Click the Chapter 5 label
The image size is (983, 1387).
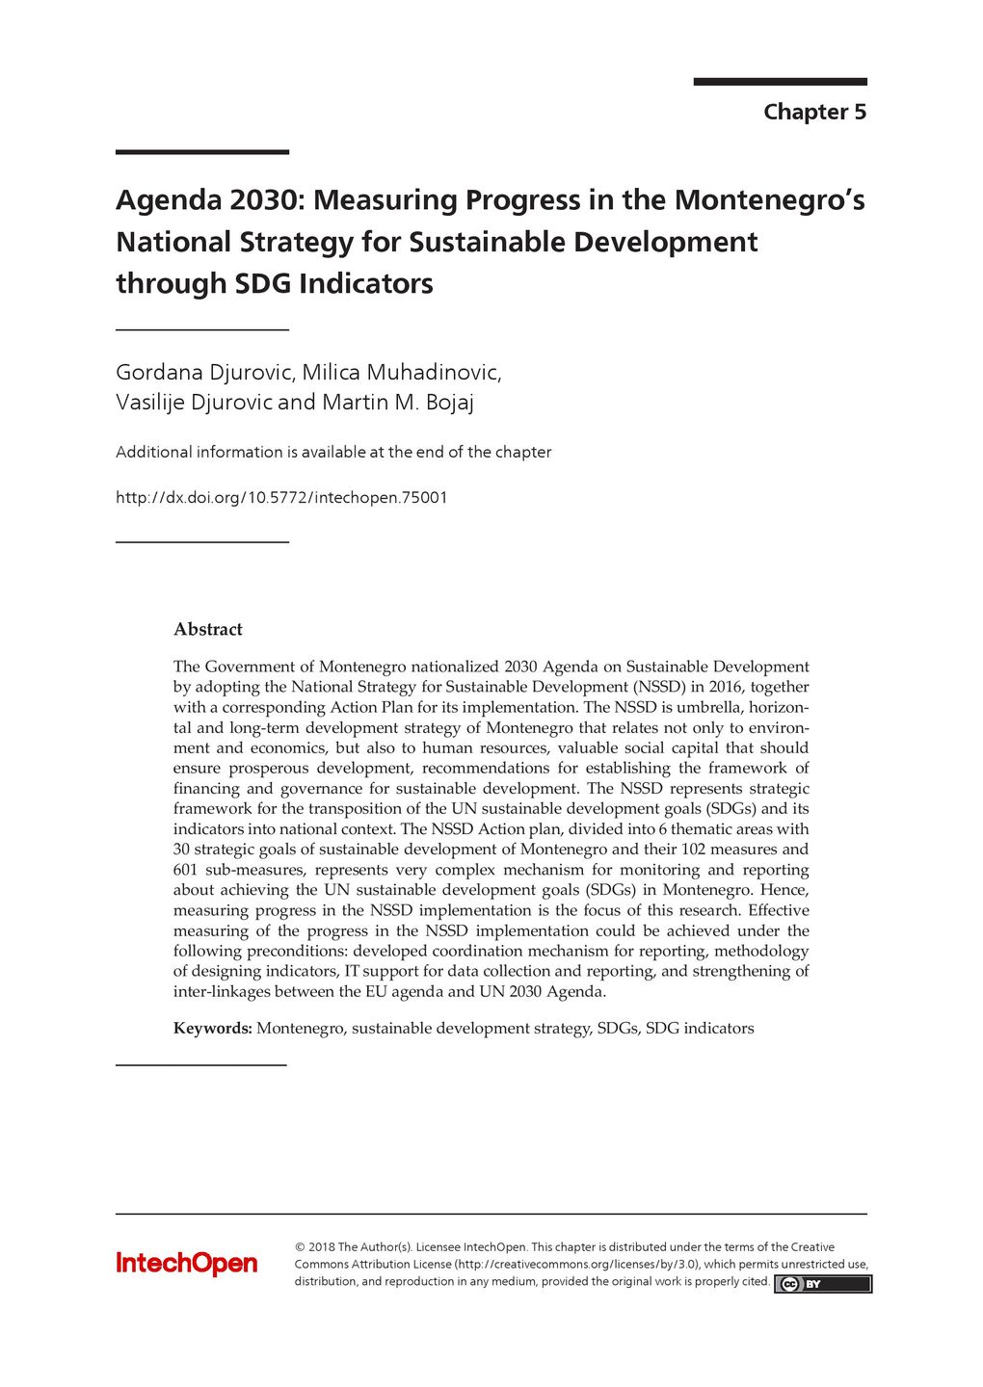tap(814, 112)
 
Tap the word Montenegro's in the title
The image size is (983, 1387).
tap(769, 200)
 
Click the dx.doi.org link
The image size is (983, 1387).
tap(281, 498)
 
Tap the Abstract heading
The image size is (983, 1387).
tap(207, 630)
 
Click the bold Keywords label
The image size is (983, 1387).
tap(212, 1029)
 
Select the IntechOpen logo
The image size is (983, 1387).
tap(187, 1264)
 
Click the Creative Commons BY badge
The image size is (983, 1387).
tap(822, 1284)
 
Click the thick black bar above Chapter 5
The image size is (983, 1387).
tap(780, 82)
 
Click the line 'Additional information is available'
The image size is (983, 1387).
tap(332, 453)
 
